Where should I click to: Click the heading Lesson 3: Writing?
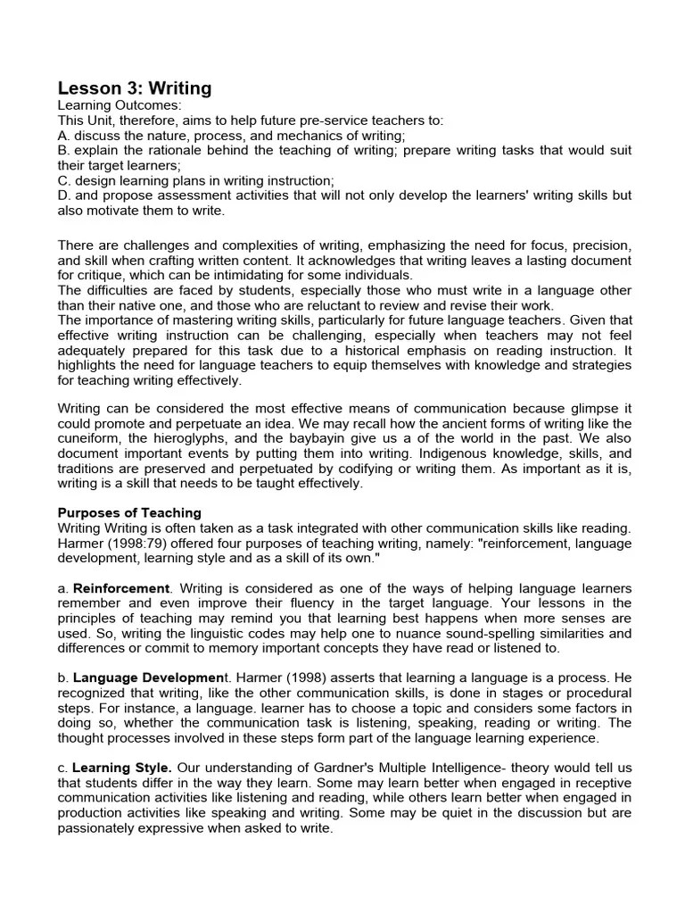pos(135,87)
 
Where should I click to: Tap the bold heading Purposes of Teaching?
pos(129,512)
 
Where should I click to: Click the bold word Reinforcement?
pos(121,588)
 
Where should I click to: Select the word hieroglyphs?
pos(202,437)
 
